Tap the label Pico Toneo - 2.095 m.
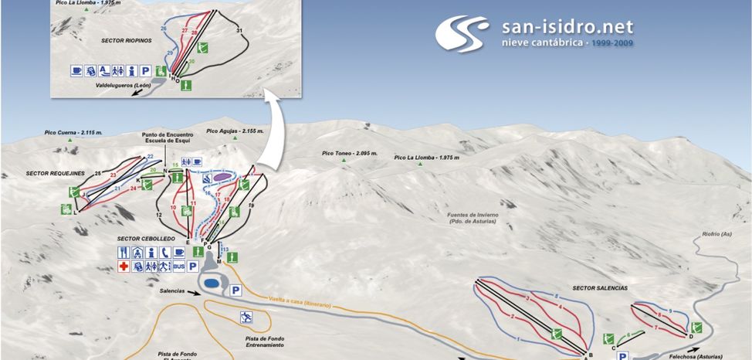[x=350, y=154]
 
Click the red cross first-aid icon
[x=123, y=267]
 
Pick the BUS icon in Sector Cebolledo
[x=178, y=267]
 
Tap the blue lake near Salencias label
[x=211, y=284]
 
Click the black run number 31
[x=239, y=30]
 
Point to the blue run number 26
[x=163, y=29]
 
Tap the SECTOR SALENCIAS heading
[x=600, y=288]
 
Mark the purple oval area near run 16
[x=223, y=177]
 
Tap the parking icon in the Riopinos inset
[x=145, y=70]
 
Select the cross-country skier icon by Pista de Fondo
[x=246, y=317]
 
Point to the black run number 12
[x=158, y=215]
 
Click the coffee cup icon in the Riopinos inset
[x=76, y=70]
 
